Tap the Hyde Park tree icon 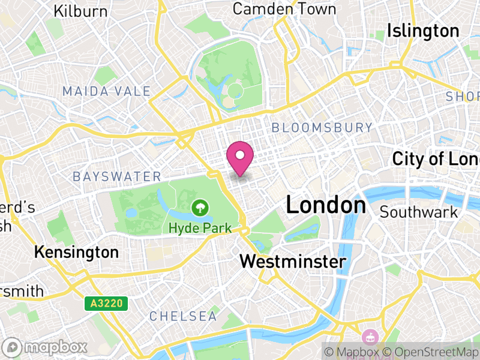pos(197,209)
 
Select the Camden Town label pos(284,9)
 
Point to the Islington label pos(423,31)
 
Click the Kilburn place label pos(80,11)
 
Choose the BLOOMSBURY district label pos(322,127)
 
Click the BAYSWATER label pos(117,176)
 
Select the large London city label pos(326,205)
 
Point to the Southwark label pos(419,212)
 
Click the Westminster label pos(293,262)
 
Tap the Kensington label pos(76,252)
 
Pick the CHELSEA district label pos(183,316)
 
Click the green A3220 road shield pos(106,304)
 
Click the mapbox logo pos(47,347)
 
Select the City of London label pos(436,159)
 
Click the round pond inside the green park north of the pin pos(235,91)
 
